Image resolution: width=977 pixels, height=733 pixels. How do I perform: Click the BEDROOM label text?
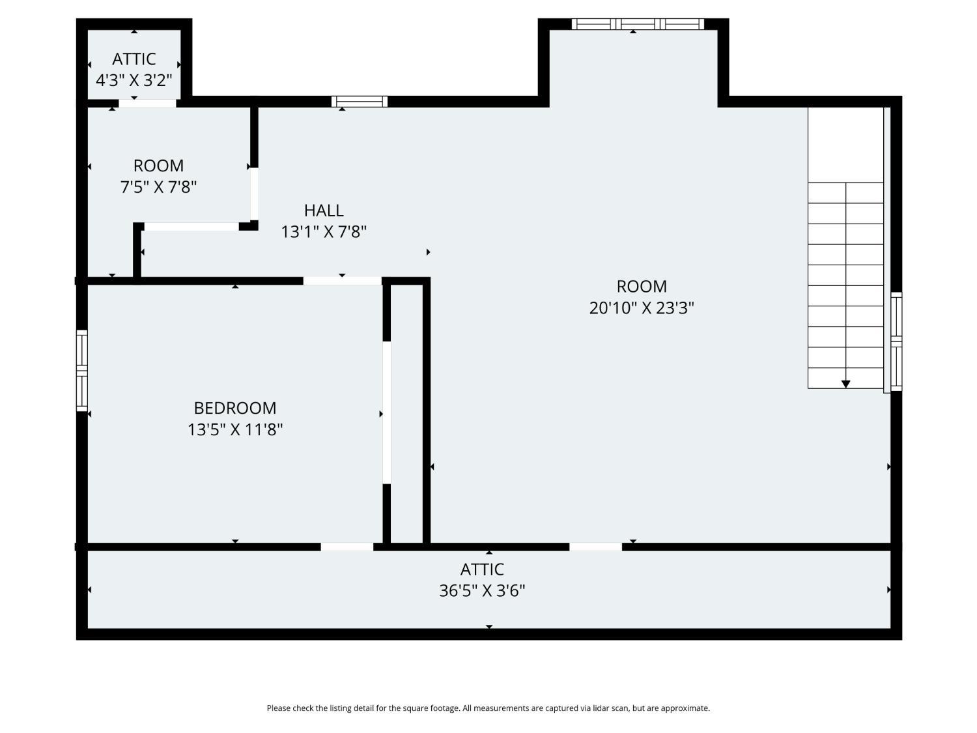235,408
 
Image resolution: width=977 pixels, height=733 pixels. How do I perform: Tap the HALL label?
324,210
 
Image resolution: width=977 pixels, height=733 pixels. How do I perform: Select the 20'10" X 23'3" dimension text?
642,308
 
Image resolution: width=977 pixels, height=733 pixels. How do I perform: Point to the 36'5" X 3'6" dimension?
482,590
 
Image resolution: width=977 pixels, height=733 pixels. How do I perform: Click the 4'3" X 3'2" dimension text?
134,80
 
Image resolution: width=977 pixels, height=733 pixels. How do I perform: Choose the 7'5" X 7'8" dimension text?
158,187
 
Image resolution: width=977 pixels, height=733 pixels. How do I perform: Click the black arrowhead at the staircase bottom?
845,384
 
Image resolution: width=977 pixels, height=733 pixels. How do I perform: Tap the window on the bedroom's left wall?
82,370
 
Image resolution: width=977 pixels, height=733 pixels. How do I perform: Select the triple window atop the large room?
638,24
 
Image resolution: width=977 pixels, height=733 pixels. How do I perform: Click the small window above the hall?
359,102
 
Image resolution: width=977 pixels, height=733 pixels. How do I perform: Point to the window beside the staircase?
896,341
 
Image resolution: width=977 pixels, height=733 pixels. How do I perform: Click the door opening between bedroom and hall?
343,281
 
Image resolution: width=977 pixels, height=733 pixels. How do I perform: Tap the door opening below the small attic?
147,104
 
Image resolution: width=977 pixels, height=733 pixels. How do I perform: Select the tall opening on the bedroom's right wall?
387,412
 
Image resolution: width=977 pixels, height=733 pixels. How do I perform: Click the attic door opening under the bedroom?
347,547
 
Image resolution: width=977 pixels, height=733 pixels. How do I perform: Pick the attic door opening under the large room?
595,547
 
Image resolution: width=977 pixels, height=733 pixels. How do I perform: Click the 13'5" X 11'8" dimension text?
235,429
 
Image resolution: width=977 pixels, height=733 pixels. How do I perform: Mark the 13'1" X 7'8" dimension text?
324,232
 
